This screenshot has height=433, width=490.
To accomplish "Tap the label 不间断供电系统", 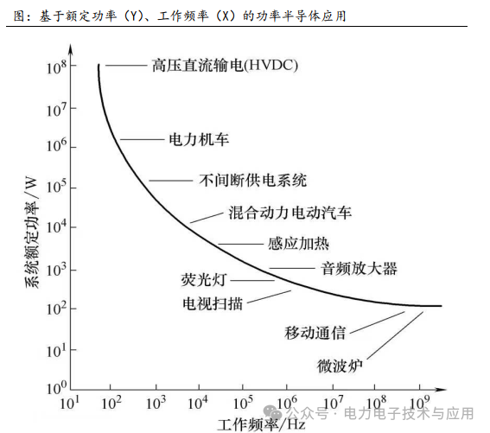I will point(253,181).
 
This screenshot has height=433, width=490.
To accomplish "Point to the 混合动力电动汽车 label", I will point(290,213).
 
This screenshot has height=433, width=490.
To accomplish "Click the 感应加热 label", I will point(298,244).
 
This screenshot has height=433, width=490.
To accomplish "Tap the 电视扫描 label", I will point(212,303).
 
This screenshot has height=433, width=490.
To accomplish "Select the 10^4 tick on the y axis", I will point(59,226).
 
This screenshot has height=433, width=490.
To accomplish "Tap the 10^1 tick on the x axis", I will point(71,404).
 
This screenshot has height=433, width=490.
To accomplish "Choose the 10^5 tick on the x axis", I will point(244,404).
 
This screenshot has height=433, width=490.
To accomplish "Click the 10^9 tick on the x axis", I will point(419,404).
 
